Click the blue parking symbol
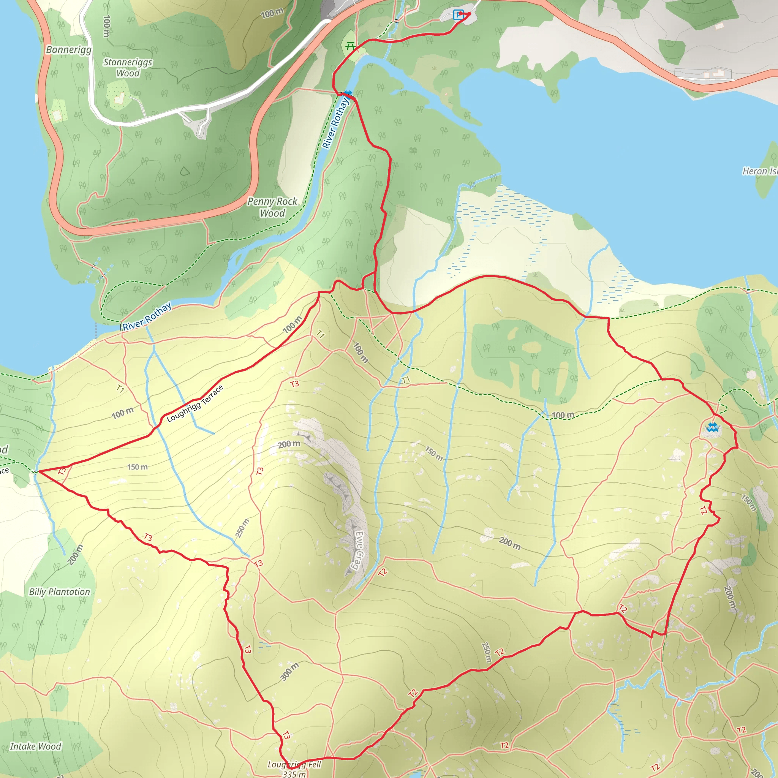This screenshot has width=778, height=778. pos(458,15)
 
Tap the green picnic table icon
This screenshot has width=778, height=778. pos(350,46)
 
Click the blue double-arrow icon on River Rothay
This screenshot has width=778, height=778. pos(348,93)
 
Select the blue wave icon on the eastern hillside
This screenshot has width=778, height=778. pos(712,427)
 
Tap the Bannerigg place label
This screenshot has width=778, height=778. pos(68,49)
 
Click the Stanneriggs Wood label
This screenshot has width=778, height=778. pos(128,68)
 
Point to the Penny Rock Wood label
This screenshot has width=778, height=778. pos(272,207)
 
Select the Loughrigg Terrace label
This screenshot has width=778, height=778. pos(195,403)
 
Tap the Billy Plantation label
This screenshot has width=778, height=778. pos(60,591)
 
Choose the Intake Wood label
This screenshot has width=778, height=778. pos(35,746)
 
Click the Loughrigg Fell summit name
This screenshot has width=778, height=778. pos(294,764)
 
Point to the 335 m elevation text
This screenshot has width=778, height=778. pos(294,773)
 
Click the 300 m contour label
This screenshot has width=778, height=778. pos(289,671)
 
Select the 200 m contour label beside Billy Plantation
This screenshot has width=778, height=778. pos(75,555)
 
